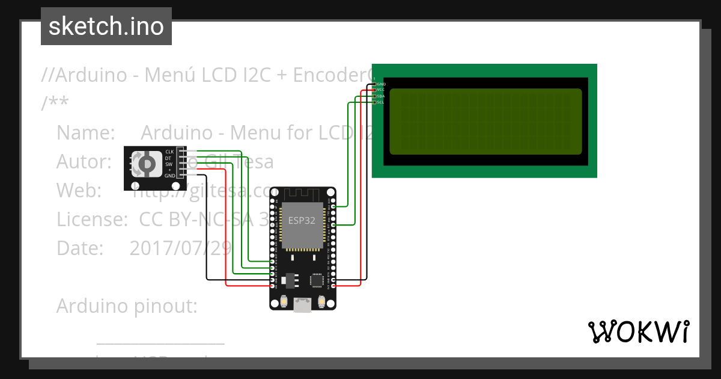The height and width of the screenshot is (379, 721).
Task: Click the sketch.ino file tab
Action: tap(106, 26)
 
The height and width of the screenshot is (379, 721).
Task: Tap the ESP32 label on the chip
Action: tap(302, 220)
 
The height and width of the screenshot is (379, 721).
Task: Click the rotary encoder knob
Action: tap(145, 164)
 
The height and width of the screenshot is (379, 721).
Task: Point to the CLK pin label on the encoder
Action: tap(169, 152)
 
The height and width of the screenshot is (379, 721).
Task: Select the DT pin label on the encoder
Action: tap(168, 158)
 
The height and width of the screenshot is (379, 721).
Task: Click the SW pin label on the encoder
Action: tap(169, 164)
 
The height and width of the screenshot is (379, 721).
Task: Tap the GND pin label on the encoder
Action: tap(170, 176)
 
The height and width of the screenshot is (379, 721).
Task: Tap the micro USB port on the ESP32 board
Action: tap(302, 308)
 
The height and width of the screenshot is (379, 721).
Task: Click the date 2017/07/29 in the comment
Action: tap(180, 248)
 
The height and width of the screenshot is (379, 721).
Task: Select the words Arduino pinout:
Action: tap(127, 306)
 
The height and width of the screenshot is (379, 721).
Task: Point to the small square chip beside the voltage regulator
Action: tap(316, 280)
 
